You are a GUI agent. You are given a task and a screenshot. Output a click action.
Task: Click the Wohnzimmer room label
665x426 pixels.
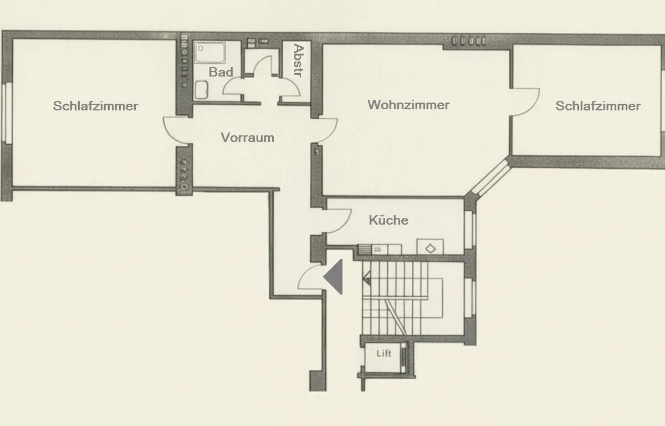tap(408, 105)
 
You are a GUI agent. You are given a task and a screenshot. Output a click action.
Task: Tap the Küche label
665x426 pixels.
tap(388, 220)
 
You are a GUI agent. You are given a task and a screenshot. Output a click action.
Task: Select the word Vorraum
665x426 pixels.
tap(247, 138)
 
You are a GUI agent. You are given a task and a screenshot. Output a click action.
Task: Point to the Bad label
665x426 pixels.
tap(221, 72)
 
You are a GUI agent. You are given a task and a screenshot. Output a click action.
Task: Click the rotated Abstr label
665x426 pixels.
tap(298, 60)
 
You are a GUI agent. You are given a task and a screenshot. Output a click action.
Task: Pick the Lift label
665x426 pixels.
tap(384, 353)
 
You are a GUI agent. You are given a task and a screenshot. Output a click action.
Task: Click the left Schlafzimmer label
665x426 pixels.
tap(95, 106)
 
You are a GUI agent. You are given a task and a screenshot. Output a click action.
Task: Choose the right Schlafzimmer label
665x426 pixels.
tap(598, 106)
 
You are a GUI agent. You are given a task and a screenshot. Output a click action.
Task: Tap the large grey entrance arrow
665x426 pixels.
tap(333, 277)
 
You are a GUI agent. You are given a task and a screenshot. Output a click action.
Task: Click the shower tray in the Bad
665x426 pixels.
tap(209, 53)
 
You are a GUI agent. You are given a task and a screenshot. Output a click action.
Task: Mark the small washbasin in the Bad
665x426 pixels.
tap(202, 90)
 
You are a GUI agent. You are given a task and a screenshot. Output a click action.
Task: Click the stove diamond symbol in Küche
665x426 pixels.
tap(431, 248)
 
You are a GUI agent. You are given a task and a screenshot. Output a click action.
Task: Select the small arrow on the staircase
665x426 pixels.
tap(367, 278)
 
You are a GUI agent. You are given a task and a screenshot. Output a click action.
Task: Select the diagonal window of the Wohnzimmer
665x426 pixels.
tap(490, 178)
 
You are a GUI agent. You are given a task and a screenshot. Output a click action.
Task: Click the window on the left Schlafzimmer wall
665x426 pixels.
tap(7, 113)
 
